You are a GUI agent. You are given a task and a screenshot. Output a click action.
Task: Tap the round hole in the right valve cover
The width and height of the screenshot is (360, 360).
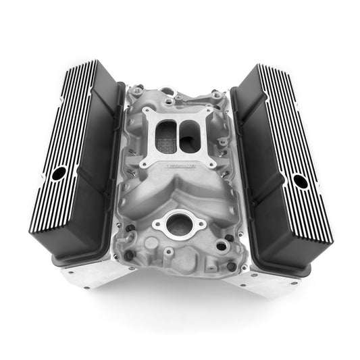(x=301, y=181)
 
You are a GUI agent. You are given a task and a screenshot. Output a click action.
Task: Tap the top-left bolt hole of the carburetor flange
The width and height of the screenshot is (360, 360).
(x=145, y=113)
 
